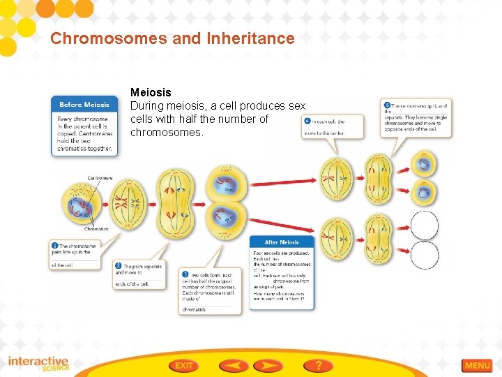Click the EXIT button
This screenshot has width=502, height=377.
pos(184,365)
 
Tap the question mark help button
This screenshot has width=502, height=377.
pos(318,365)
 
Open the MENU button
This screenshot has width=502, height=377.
pos(478,365)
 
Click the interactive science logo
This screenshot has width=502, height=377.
pos(38,364)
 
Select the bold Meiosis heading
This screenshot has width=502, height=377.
pos(151,92)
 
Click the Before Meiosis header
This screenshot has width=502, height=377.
pos(84,105)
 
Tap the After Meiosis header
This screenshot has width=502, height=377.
pos(282,242)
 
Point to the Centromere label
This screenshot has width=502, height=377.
pos(100,178)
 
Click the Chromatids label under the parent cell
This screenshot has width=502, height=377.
pos(96,228)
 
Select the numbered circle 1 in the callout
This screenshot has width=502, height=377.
pos(55,246)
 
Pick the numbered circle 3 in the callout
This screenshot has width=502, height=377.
pos(185,274)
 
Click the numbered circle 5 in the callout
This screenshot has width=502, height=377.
pos(387,105)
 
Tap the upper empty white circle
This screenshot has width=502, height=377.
pos(424,226)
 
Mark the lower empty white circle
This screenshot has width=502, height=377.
pos(424,256)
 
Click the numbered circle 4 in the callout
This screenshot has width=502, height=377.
pos(307,121)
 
